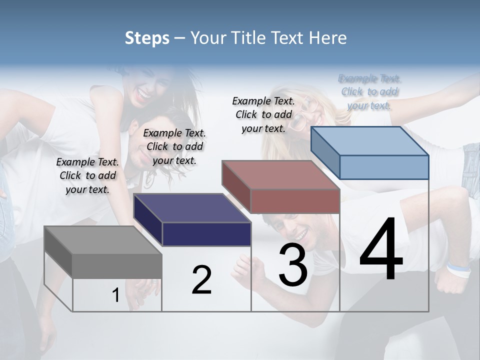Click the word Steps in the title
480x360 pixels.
tap(147, 38)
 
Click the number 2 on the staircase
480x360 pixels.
tap(201, 280)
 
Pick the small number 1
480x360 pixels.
tap(115, 295)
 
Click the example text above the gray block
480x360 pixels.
tap(87, 175)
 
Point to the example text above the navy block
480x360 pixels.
tap(174, 146)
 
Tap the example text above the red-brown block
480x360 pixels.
tap(263, 114)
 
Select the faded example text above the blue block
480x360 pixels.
tap(369, 92)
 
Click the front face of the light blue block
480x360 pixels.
tap(384, 167)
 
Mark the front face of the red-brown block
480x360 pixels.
tap(295, 201)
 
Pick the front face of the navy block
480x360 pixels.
tap(206, 234)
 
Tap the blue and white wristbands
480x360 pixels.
tap(458, 269)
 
